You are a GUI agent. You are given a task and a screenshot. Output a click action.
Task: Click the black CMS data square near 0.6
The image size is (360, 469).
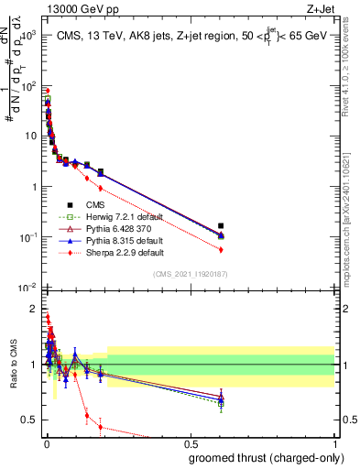click(x=221, y=225)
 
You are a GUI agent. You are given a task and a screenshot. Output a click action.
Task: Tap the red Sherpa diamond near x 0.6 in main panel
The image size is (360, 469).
click(x=221, y=249)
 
